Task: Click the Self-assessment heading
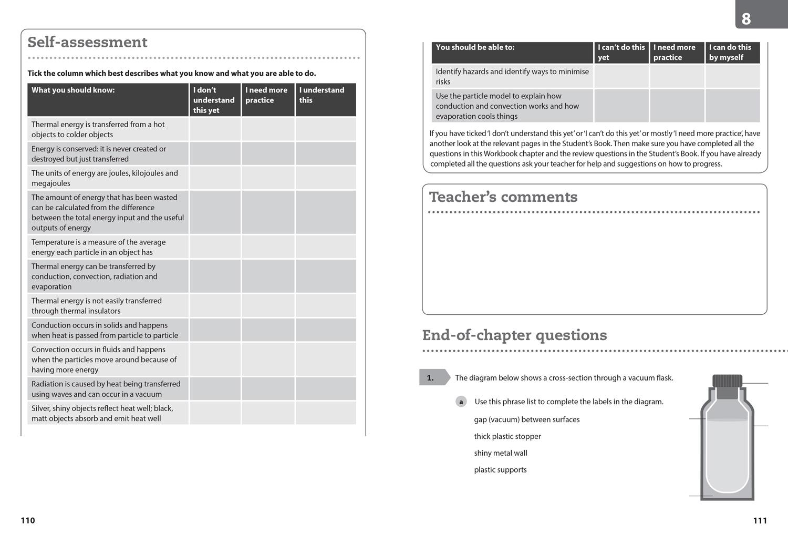pos(87,42)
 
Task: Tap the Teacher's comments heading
pos(503,197)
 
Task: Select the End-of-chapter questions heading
pos(514,335)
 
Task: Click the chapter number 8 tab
pos(746,19)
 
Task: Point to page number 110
pos(28,520)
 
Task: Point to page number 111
pos(760,520)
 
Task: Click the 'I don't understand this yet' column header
pos(214,100)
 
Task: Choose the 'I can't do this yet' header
pos(621,53)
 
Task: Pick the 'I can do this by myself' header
pos(732,53)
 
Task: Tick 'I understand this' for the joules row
pos(325,178)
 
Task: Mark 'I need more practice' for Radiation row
pos(267,389)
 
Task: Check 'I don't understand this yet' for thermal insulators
pos(215,306)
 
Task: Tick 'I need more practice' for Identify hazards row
pos(677,76)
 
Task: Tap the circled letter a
pos(461,402)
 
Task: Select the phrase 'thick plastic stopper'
pos(507,436)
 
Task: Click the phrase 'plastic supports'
pos(500,470)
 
